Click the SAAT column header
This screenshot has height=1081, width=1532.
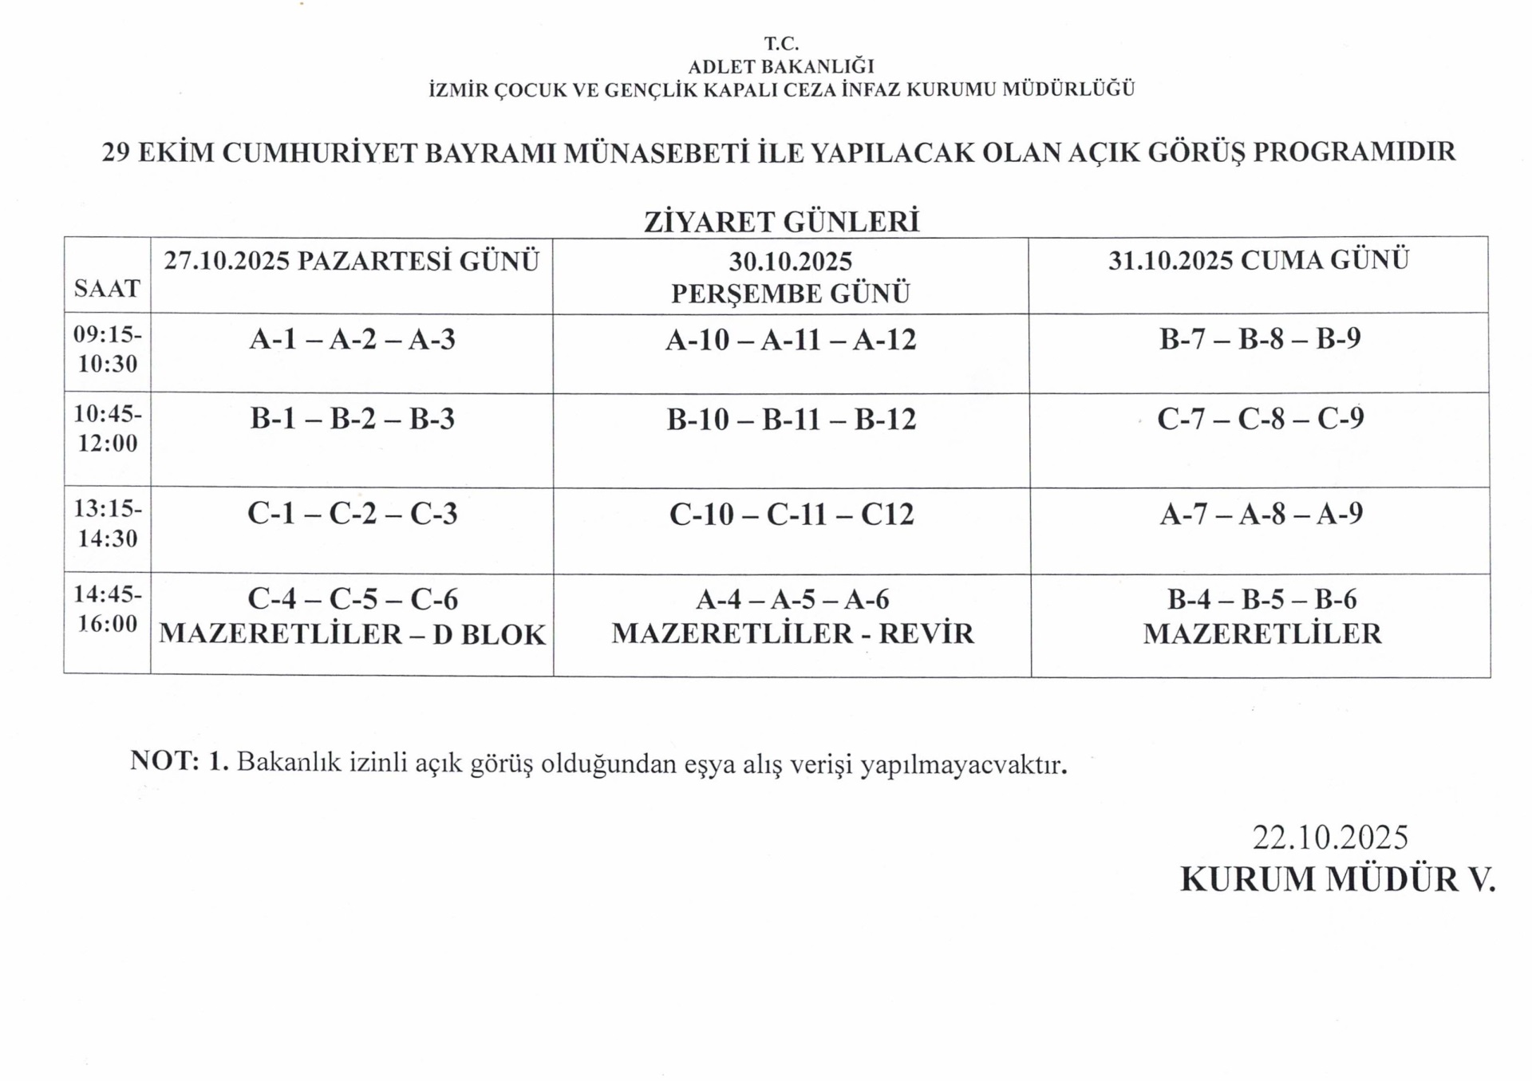point(107,288)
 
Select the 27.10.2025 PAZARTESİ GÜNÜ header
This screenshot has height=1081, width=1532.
point(352,261)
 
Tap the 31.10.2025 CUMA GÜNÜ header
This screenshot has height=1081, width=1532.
point(1258,260)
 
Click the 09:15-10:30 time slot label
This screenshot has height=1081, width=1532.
point(108,349)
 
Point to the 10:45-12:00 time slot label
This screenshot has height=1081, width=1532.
point(108,428)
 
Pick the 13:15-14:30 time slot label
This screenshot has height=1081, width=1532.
point(108,523)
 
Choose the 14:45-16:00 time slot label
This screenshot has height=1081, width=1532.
point(108,609)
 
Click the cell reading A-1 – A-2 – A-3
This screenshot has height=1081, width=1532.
point(352,340)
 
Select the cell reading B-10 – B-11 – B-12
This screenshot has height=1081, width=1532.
point(792,420)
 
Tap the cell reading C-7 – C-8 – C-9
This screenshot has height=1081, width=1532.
point(1261,419)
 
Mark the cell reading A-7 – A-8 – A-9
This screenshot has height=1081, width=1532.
point(1261,514)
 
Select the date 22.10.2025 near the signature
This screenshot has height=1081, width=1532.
point(1330,837)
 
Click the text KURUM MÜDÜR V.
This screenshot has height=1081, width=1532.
point(1337,879)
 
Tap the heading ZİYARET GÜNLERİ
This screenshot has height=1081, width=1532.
point(782,222)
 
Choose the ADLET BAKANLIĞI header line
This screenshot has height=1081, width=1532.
point(781,67)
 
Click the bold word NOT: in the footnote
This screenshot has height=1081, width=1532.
point(164,760)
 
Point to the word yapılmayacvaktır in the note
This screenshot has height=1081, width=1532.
point(963,764)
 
